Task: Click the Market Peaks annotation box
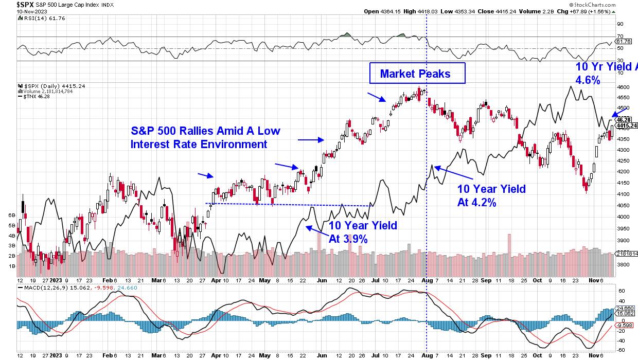417,74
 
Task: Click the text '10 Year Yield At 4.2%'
491,195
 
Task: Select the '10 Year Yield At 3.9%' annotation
363,231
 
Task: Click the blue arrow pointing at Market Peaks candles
376,98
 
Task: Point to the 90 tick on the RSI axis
620,24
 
